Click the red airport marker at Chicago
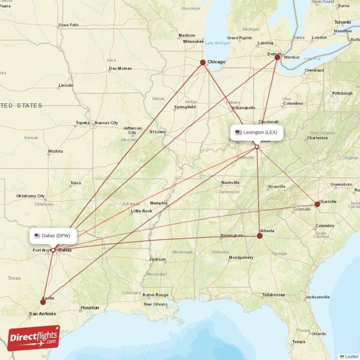point(203,63)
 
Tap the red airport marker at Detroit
point(277,57)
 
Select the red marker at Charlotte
point(317,204)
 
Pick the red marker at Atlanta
point(260,235)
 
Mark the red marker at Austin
point(43,302)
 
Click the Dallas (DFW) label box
point(53,235)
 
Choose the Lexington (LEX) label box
point(257,132)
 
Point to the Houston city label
point(90,308)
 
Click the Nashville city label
point(230,183)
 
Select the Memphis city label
point(158,203)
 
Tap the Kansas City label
point(107,123)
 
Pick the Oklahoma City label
point(31,196)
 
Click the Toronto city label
point(342,22)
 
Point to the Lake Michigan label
point(217,43)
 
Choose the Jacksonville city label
point(317,297)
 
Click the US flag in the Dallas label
point(37,235)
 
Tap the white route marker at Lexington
point(256,147)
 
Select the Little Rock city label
point(141,211)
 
